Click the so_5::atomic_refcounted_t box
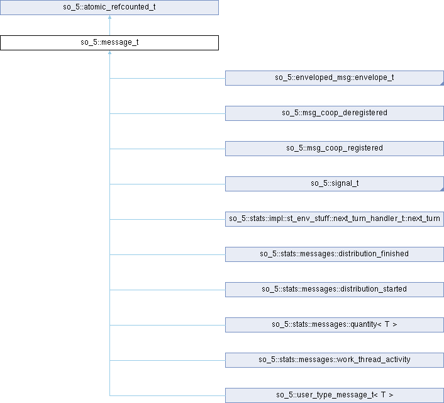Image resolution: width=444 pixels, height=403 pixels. pos(109,8)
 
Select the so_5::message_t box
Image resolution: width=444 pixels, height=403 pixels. pos(109,43)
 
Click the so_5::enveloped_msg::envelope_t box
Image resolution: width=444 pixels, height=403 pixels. pos(334,78)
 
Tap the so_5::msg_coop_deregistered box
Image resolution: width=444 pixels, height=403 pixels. pos(334,113)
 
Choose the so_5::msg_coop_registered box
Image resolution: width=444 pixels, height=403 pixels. pos(334,149)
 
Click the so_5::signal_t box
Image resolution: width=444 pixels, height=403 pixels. pos(334,184)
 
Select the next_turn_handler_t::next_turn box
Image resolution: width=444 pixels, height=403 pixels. pos(334,219)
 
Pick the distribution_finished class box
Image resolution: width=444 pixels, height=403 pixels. pos(334,254)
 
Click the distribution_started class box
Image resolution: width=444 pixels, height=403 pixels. pos(334,290)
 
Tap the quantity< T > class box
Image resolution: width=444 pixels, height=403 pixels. pos(334,325)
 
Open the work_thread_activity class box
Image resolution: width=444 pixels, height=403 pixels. pos(334,360)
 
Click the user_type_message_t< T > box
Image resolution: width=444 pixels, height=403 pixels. pos(334,395)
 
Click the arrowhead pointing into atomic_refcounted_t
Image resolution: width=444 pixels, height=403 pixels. pos(109,18)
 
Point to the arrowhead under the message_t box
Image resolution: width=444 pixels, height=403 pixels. pos(109,53)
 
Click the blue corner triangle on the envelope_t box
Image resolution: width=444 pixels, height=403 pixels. pos(441,83)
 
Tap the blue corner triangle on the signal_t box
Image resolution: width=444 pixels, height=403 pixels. pos(441,189)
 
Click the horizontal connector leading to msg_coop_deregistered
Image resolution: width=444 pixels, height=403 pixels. pos(167,113)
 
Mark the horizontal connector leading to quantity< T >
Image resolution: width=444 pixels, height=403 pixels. pos(167,325)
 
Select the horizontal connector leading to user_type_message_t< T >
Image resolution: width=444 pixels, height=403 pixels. pos(167,395)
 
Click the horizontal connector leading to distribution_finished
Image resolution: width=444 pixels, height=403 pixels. pos(167,254)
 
